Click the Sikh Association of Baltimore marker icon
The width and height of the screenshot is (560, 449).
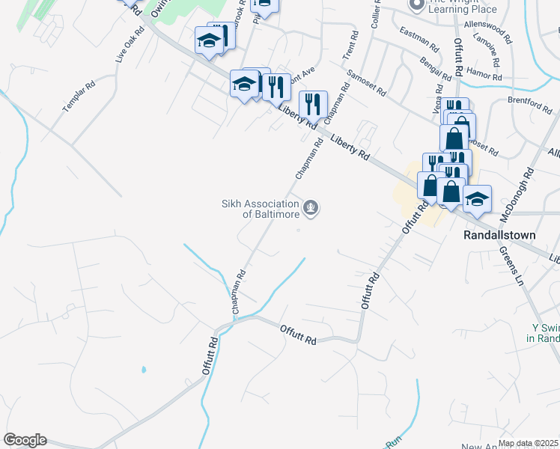coord(311,208)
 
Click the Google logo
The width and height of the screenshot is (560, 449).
coord(25,440)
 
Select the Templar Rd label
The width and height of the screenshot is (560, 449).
coord(79,97)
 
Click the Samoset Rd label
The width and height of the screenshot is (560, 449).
coord(366,83)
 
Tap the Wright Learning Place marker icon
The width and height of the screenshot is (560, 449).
coord(416,5)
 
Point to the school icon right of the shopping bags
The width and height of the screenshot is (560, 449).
coord(477,198)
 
